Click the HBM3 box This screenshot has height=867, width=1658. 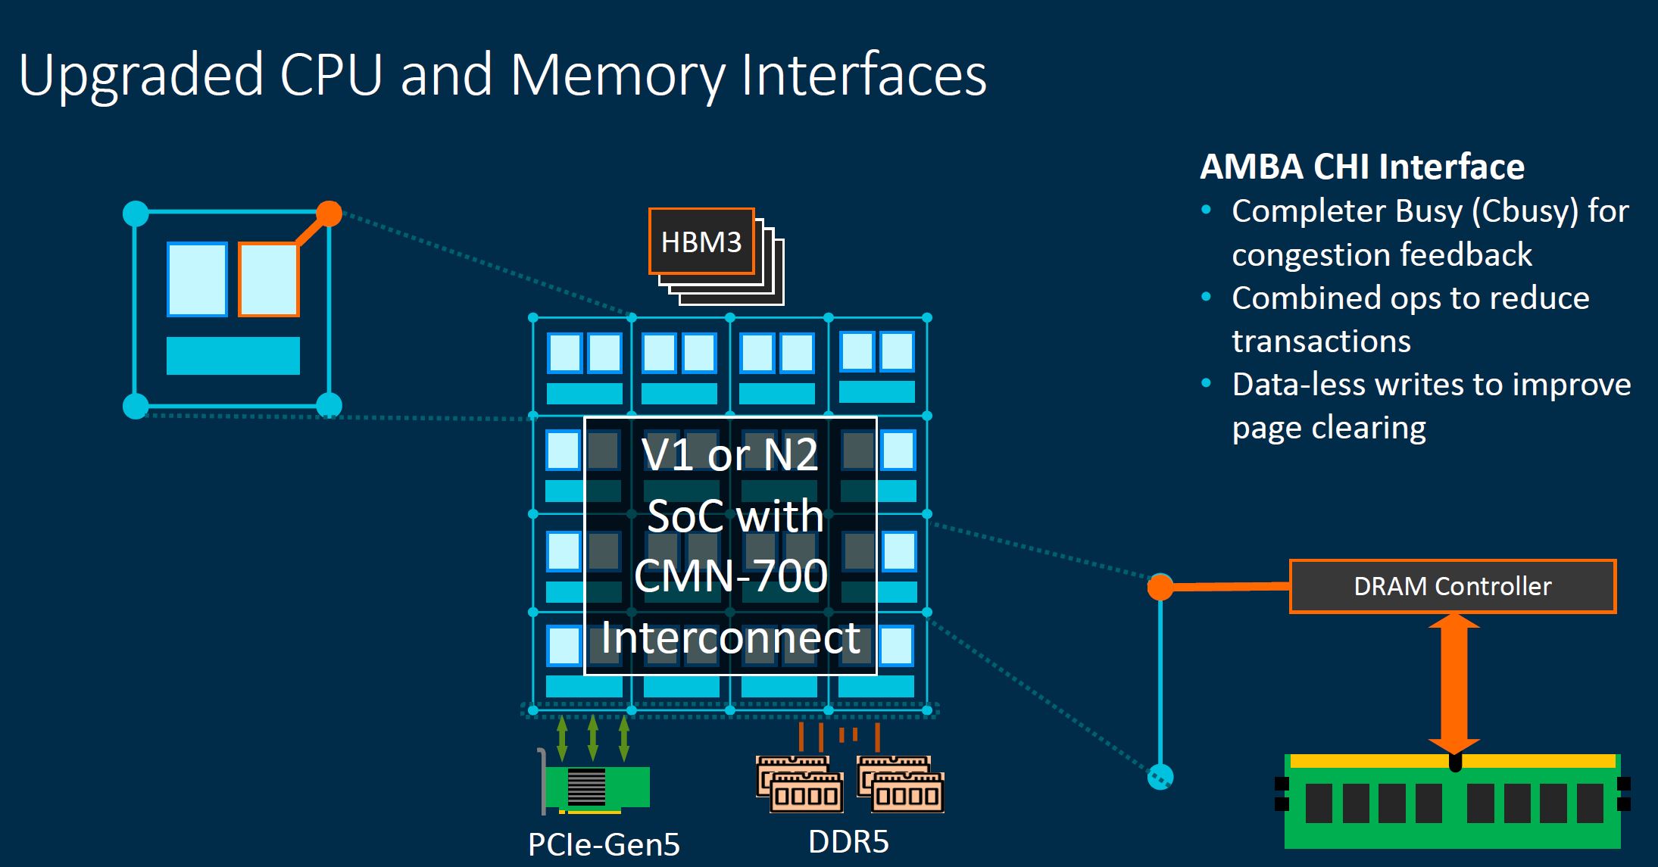click(701, 242)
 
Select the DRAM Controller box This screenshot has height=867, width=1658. click(1452, 586)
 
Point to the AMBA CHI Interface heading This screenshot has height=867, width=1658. click(1362, 167)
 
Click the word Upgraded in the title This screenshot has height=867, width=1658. click(141, 75)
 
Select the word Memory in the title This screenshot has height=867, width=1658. click(617, 75)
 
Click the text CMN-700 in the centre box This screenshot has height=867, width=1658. click(731, 575)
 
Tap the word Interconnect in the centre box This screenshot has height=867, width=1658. click(731, 638)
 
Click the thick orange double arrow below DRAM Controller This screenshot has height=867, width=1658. click(1453, 681)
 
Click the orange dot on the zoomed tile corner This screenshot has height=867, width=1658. click(329, 214)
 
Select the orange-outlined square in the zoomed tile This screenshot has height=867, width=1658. click(269, 279)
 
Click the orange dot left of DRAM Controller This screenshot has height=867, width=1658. click(1160, 587)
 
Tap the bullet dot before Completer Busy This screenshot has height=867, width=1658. click(1207, 211)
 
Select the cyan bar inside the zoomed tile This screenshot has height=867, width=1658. click(233, 356)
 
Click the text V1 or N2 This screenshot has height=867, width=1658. click(729, 454)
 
